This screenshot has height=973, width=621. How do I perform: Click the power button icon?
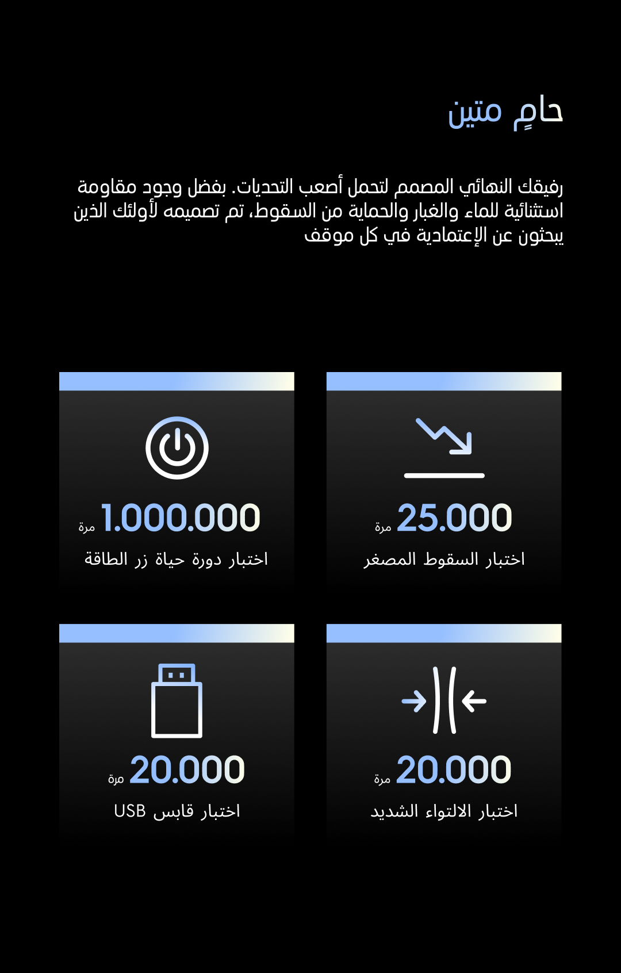(x=177, y=447)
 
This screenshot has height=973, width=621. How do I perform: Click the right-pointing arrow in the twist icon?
(x=414, y=701)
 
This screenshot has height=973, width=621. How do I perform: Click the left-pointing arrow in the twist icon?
(x=474, y=701)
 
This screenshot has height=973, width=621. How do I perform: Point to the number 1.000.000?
(x=181, y=518)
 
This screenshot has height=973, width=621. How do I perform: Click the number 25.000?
(x=454, y=518)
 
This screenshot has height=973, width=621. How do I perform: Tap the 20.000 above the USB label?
(x=187, y=769)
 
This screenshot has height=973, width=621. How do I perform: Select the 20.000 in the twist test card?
(x=453, y=769)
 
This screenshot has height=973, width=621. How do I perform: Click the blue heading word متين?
(x=475, y=112)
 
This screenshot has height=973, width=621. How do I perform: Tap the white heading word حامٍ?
(x=539, y=112)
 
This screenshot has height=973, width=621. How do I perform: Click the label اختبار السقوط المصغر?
(x=444, y=559)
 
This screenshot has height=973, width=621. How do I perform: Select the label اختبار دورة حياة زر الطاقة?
(x=177, y=559)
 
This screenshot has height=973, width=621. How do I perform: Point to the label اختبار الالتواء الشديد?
(x=444, y=811)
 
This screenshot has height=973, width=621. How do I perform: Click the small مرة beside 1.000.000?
(x=87, y=527)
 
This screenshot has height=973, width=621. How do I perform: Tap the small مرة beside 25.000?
(x=383, y=527)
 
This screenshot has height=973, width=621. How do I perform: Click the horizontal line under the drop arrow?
(x=444, y=476)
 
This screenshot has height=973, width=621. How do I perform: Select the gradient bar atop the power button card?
(x=177, y=381)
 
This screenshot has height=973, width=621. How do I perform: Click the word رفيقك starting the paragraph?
(x=540, y=187)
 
